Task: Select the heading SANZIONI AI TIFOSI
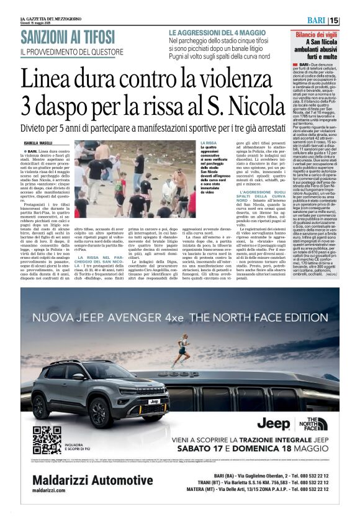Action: (67, 37)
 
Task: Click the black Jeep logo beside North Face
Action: (274, 425)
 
